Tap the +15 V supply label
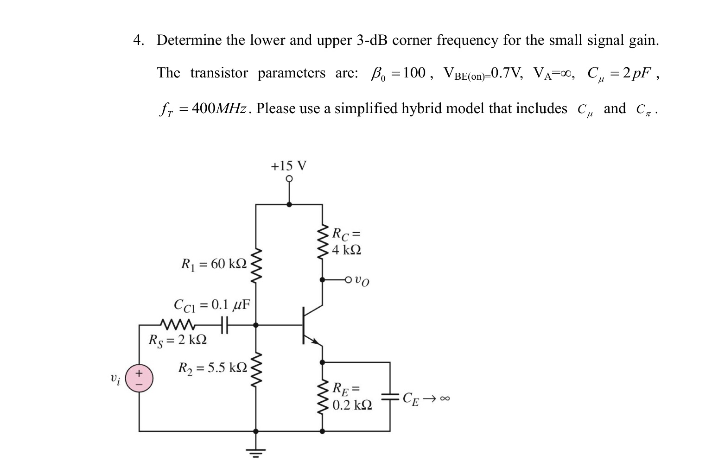[x=288, y=166]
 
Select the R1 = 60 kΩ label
[x=214, y=264]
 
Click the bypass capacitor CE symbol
[x=390, y=397]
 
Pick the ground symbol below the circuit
[x=256, y=449]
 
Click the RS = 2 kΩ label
[x=177, y=340]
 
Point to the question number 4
[x=138, y=40]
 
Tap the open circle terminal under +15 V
[x=289, y=178]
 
